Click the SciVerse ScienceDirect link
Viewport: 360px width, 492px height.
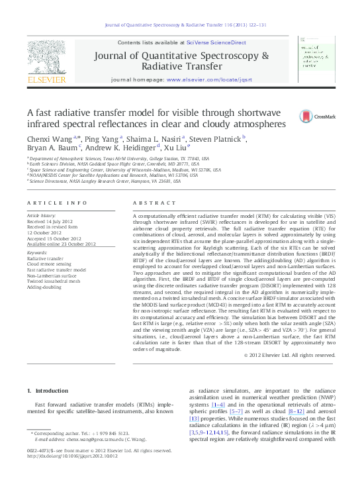(216, 42)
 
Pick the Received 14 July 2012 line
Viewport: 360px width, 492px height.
(52, 222)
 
